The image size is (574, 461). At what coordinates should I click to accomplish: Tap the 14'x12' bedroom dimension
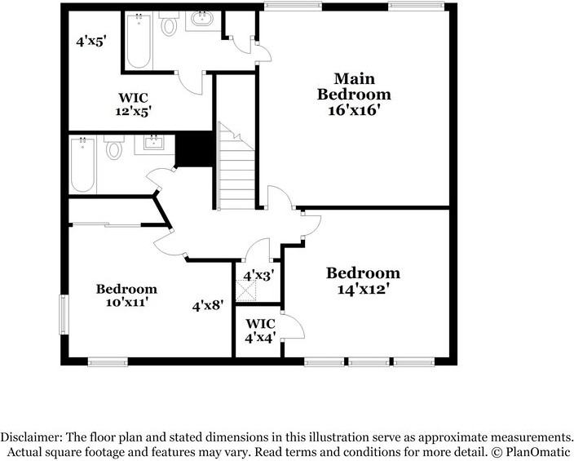(363, 290)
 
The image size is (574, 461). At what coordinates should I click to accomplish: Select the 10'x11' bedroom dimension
(126, 303)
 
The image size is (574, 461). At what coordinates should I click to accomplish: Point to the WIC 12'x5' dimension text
(133, 111)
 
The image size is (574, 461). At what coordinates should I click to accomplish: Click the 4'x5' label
(91, 42)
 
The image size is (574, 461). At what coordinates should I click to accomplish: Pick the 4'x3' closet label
(258, 276)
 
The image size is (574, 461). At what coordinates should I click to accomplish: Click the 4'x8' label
(208, 305)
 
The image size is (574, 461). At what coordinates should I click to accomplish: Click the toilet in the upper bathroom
(169, 23)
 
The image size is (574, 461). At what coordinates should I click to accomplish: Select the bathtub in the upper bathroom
(139, 40)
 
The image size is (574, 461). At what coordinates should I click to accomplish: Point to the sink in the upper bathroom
(201, 19)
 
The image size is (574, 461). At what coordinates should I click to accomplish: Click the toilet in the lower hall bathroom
(114, 148)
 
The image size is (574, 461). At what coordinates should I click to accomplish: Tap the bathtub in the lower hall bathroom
(82, 165)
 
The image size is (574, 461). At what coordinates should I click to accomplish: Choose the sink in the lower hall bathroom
(153, 142)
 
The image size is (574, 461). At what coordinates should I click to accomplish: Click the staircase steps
(236, 166)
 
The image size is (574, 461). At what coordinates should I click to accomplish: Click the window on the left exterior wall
(64, 315)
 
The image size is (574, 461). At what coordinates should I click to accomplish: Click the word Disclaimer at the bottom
(31, 437)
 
